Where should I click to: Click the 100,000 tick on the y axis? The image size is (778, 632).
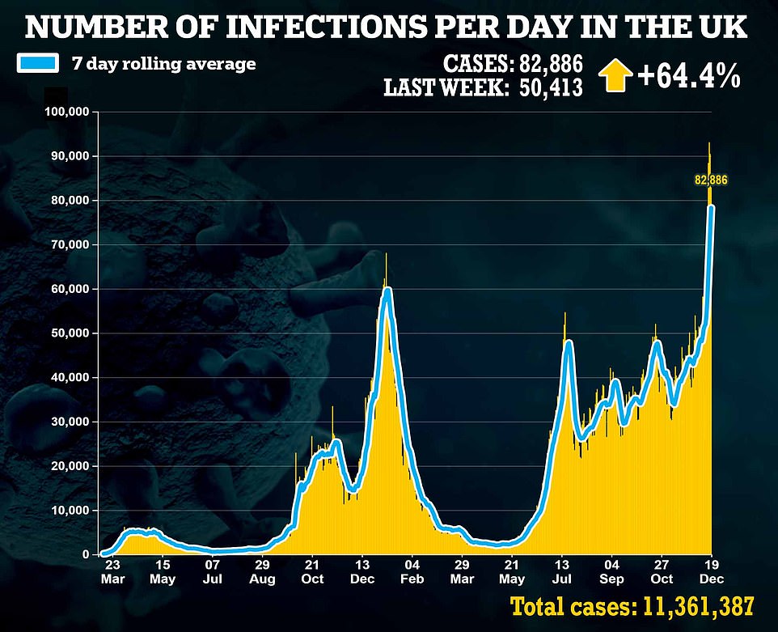[x=66, y=112]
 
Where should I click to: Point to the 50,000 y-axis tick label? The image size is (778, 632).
[x=70, y=333]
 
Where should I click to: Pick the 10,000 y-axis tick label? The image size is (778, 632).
[x=70, y=511]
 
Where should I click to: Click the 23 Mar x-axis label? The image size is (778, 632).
[x=112, y=572]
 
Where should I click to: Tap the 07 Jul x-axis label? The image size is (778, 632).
[x=213, y=572]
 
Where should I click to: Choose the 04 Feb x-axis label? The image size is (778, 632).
[x=412, y=572]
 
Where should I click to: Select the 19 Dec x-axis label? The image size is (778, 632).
[x=712, y=572]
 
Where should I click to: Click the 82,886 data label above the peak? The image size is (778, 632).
[x=712, y=180]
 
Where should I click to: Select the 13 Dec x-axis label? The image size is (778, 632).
[x=363, y=572]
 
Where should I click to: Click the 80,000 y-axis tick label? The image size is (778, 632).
[x=70, y=201]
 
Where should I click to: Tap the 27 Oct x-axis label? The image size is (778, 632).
[x=662, y=572]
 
